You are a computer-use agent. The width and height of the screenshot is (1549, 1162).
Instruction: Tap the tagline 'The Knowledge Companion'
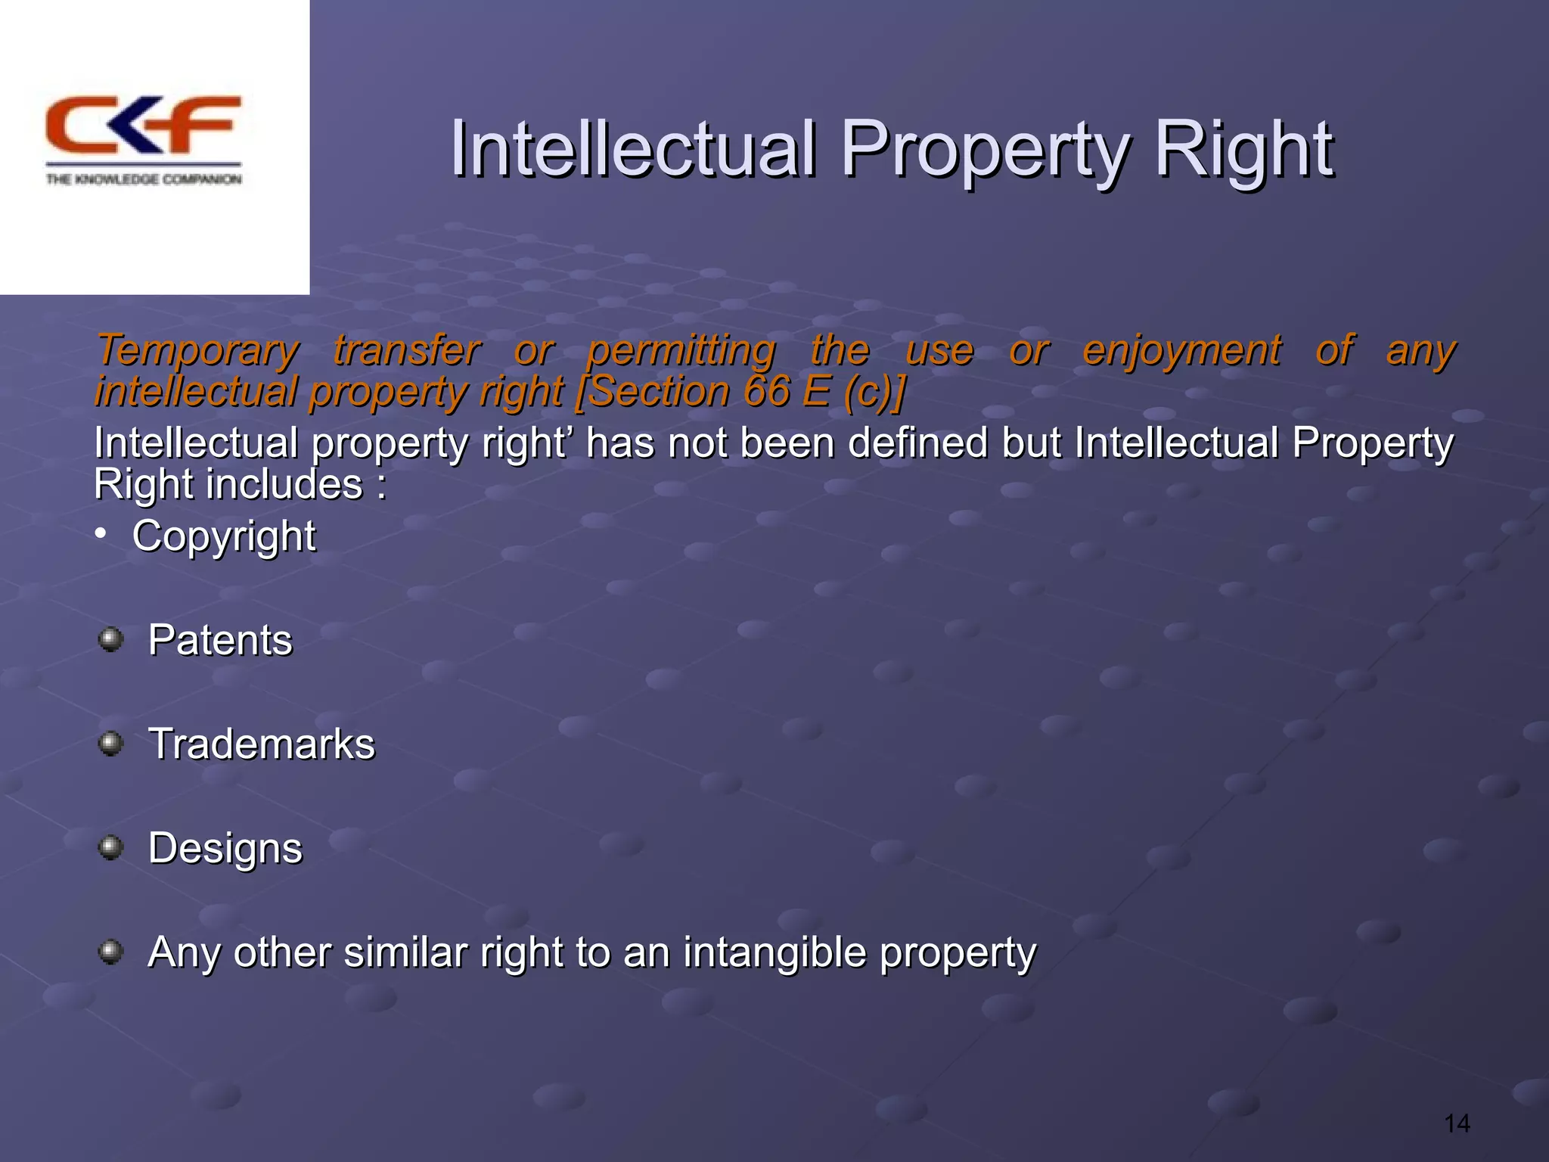point(144,179)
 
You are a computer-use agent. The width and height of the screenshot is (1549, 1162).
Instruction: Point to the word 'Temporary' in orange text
point(198,351)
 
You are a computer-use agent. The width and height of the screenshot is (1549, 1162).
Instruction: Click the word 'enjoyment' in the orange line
point(1181,351)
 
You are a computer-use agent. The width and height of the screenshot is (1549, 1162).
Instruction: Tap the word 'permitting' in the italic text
point(681,351)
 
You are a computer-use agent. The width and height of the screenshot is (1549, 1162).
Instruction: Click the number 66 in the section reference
point(766,391)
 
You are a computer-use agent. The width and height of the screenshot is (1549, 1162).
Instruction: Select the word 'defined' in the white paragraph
point(917,443)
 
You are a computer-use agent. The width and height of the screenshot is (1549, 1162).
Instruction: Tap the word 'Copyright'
point(224,536)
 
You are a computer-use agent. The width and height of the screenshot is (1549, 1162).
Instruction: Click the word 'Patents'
point(220,640)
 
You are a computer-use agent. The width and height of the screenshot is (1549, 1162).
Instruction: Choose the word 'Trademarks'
point(262,744)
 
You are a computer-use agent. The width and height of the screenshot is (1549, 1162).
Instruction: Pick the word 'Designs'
point(225,848)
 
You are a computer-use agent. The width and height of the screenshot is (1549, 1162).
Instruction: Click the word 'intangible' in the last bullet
point(774,952)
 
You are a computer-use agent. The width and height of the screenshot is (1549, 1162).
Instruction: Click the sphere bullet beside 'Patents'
point(111,640)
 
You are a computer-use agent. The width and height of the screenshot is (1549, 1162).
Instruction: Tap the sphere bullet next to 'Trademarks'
point(111,744)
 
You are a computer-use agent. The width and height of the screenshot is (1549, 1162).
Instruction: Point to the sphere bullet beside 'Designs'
point(111,848)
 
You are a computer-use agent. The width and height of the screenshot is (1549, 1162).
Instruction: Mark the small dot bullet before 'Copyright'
point(101,535)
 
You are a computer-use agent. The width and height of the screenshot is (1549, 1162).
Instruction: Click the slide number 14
point(1457,1123)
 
